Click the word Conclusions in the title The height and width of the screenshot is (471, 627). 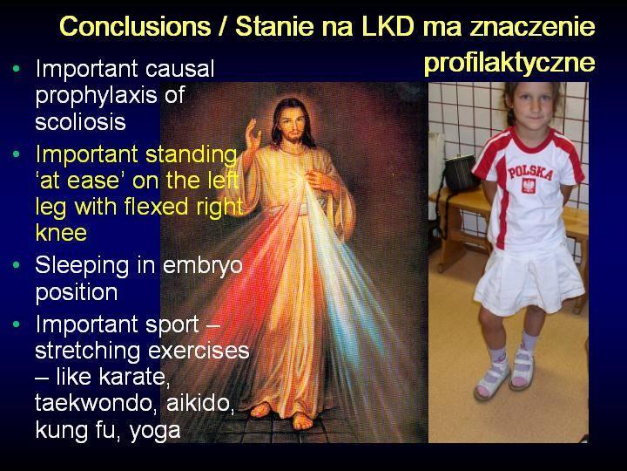pyautogui.click(x=135, y=27)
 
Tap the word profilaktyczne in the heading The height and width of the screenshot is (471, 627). pyautogui.click(x=509, y=63)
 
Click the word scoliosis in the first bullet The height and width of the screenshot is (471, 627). pyautogui.click(x=80, y=121)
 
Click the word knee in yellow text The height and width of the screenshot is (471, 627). pyautogui.click(x=61, y=232)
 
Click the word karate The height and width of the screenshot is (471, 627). pyautogui.click(x=134, y=378)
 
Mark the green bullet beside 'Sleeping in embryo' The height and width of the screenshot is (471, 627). pyautogui.click(x=16, y=265)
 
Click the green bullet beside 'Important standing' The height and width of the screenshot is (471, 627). pyautogui.click(x=16, y=154)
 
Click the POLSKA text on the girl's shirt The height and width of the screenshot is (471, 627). pyautogui.click(x=530, y=172)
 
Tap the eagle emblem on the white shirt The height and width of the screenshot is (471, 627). pyautogui.click(x=529, y=187)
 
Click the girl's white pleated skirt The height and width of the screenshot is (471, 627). pyautogui.click(x=529, y=280)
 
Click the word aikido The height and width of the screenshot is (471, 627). pyautogui.click(x=200, y=403)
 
